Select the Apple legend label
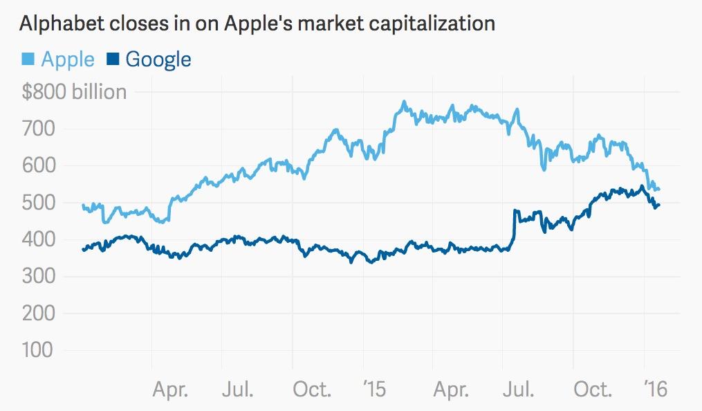pyautogui.click(x=68, y=59)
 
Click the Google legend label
pyautogui.click(x=158, y=59)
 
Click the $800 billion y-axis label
pyautogui.click(x=74, y=92)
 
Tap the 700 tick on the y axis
pyautogui.click(x=39, y=129)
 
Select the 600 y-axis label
pyautogui.click(x=39, y=166)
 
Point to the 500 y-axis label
pyautogui.click(x=39, y=203)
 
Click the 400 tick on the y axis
pyautogui.click(x=39, y=240)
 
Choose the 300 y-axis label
pyautogui.click(x=39, y=277)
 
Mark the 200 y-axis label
pyautogui.click(x=39, y=313)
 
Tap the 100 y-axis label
pyautogui.click(x=39, y=350)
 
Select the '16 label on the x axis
pyautogui.click(x=650, y=389)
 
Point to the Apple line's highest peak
pyautogui.click(x=403, y=103)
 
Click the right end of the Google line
pyautogui.click(x=658, y=205)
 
